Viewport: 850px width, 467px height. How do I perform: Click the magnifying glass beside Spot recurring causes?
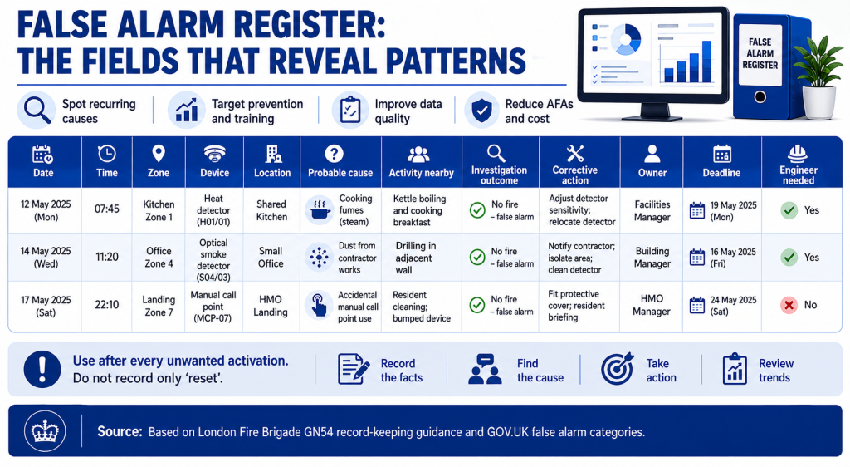coord(37,109)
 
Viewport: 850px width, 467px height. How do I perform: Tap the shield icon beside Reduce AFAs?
coord(482,110)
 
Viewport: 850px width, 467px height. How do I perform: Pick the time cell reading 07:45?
coord(107,209)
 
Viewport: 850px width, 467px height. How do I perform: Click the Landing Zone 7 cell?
coord(159,306)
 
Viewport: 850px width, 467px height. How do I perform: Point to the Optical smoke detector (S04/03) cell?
coord(213,260)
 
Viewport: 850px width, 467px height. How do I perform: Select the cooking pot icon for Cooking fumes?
coord(320,210)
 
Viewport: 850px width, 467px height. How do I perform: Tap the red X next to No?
coord(789,305)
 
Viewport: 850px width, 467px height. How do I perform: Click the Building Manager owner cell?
coord(652,258)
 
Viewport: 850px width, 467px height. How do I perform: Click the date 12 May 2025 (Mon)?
coord(46,210)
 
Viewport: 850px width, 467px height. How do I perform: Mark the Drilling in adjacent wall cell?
coord(415,258)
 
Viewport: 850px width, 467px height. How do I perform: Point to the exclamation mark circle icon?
coord(42,370)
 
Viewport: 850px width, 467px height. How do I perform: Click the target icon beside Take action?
coord(618,368)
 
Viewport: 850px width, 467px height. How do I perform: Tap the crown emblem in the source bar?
coord(45,432)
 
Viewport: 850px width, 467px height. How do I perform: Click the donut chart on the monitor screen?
coord(626,39)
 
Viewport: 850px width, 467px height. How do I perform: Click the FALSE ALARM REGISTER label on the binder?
coord(760,53)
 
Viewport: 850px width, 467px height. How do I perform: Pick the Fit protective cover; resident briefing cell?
coord(576,306)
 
